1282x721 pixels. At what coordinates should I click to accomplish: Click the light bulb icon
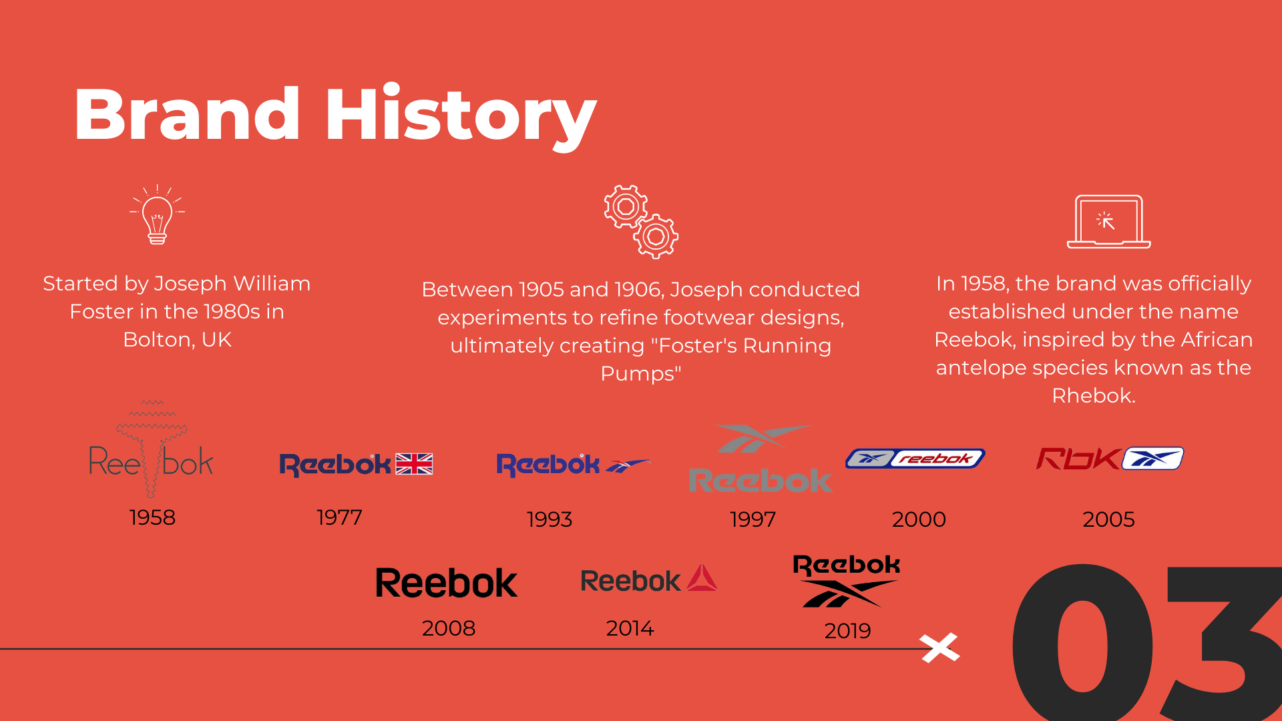(x=158, y=214)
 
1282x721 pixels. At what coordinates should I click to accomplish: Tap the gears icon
(x=641, y=222)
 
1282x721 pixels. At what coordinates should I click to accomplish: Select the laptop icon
(x=1108, y=222)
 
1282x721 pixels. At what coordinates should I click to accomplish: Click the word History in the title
(x=461, y=115)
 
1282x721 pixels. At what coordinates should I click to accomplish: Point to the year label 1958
(x=152, y=517)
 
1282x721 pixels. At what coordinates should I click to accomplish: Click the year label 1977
(x=339, y=517)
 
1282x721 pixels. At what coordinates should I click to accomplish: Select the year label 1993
(x=550, y=519)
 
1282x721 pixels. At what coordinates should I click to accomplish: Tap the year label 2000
(x=919, y=519)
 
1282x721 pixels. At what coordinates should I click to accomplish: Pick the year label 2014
(x=630, y=628)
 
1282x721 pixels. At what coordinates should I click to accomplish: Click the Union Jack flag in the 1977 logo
(x=414, y=464)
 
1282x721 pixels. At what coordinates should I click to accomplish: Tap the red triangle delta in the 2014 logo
(x=702, y=578)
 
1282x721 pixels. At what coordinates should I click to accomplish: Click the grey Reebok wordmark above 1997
(x=761, y=481)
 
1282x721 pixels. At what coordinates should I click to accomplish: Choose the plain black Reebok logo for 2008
(x=447, y=583)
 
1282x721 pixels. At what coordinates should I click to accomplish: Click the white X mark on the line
(x=939, y=648)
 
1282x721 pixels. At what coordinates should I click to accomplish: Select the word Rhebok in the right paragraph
(x=1092, y=396)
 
